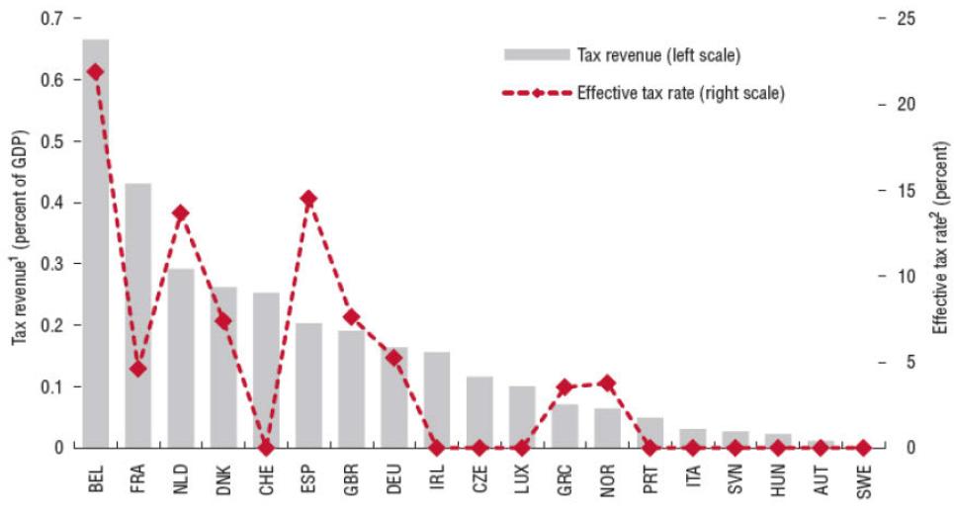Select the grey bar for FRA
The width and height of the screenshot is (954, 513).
coord(137,316)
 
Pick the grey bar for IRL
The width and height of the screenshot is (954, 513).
coord(437,400)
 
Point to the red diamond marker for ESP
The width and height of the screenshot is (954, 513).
coord(308,199)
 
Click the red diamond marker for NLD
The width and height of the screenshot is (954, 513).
coord(180,213)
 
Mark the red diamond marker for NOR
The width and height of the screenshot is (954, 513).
coord(607,383)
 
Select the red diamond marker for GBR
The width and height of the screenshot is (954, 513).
coord(351,317)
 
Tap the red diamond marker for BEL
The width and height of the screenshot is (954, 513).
coord(95,72)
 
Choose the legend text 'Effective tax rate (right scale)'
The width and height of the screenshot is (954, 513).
coord(681,94)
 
